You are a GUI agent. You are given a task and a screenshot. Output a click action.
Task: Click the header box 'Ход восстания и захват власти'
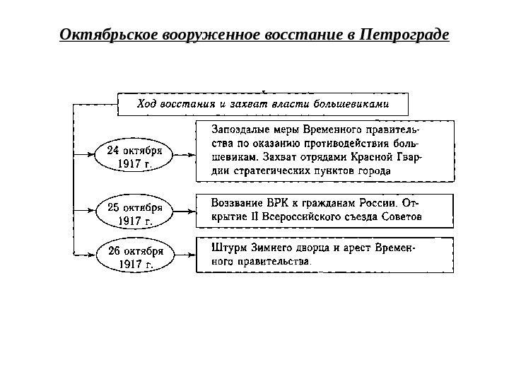point(262,104)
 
